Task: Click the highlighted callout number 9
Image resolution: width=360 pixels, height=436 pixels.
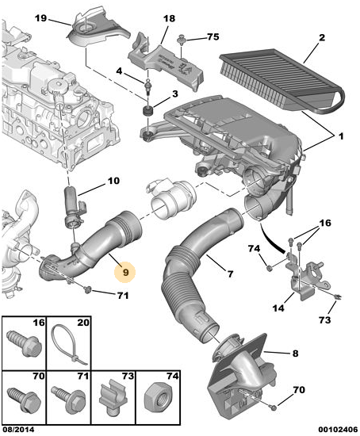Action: (x=125, y=272)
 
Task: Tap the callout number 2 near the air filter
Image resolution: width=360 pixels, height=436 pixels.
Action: (x=322, y=37)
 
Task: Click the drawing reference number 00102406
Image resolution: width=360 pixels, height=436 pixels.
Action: (x=339, y=430)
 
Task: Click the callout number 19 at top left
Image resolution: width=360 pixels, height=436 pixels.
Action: (x=40, y=18)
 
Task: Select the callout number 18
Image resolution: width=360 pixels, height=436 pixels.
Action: (x=169, y=19)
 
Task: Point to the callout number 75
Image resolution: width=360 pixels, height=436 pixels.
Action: (x=213, y=36)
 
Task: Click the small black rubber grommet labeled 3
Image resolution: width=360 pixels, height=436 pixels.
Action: (x=147, y=112)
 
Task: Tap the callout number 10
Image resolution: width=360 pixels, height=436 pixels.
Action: (x=113, y=181)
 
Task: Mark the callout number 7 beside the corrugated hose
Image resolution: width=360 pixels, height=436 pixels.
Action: (x=230, y=274)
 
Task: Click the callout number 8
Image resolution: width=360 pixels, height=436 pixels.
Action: (x=295, y=354)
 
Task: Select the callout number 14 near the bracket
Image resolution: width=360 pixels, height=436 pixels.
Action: (x=278, y=308)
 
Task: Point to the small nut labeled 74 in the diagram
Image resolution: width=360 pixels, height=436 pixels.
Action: (x=269, y=268)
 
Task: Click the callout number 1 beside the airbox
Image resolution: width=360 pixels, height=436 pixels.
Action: (x=341, y=136)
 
